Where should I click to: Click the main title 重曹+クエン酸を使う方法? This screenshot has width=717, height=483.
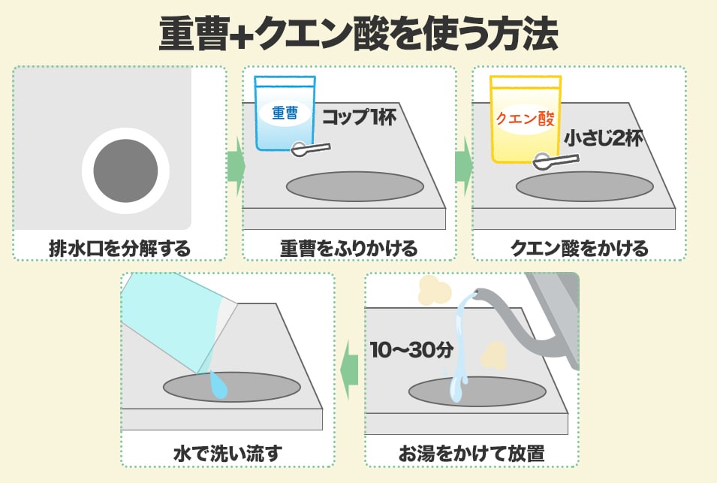(x=359, y=34)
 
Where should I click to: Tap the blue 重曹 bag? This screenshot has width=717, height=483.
(x=285, y=113)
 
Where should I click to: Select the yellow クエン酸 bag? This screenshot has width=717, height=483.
(x=526, y=119)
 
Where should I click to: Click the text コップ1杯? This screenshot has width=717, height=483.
(x=360, y=117)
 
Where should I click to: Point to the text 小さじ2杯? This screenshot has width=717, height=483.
(x=603, y=138)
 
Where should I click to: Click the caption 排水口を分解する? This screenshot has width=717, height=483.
(x=120, y=249)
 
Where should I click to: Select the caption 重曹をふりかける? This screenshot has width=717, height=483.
(x=349, y=249)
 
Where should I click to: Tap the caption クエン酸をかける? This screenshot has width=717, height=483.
(x=580, y=249)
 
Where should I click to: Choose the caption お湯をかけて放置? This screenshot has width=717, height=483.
(x=471, y=453)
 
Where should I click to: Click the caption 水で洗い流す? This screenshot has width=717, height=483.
(x=227, y=453)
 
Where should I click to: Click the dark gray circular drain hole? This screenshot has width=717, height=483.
(x=125, y=171)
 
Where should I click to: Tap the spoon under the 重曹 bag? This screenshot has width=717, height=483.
(x=311, y=149)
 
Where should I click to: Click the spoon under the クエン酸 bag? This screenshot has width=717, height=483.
(x=556, y=162)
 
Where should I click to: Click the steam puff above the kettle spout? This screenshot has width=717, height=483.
(x=435, y=290)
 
